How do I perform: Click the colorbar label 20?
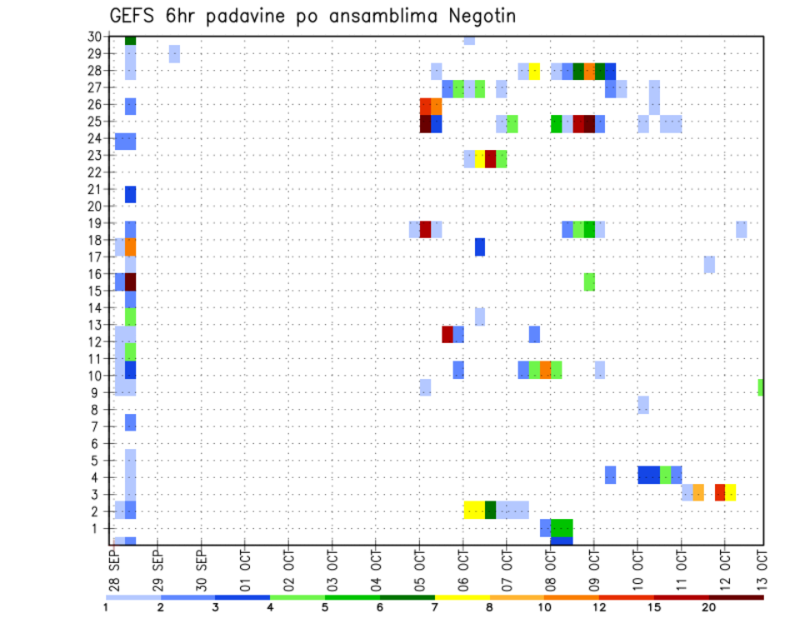[x=708, y=607]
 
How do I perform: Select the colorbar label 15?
[x=653, y=607]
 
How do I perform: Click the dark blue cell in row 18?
[x=480, y=247]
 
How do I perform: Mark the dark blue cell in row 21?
[x=130, y=194]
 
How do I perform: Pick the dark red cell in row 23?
[x=491, y=159]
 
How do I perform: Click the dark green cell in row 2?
[x=491, y=510]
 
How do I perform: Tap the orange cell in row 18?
[x=130, y=247]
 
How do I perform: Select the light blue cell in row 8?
[x=643, y=405]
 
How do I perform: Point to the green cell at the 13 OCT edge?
[x=761, y=387]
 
